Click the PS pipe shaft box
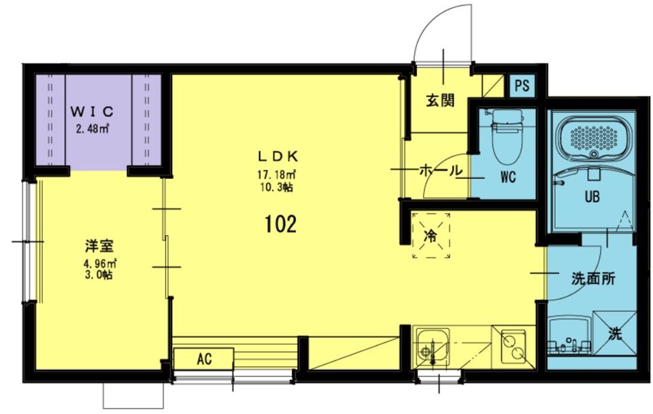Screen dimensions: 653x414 (522, 86)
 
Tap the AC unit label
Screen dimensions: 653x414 (204, 359)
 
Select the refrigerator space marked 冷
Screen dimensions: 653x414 (431, 236)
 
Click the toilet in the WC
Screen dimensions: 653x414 (506, 136)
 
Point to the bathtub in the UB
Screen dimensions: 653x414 (593, 138)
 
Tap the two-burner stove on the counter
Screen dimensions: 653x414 (513, 347)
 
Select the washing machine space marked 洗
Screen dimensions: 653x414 (615, 333)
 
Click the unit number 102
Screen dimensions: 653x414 (280, 224)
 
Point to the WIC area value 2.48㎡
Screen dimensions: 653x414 (92, 129)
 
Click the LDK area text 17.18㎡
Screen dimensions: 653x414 (277, 173)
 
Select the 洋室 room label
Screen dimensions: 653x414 (99, 246)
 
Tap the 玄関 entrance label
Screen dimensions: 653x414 (440, 101)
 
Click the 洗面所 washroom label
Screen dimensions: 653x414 (592, 279)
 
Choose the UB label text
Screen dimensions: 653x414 (592, 196)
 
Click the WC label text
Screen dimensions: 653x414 (508, 177)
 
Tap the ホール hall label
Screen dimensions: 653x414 (441, 170)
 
